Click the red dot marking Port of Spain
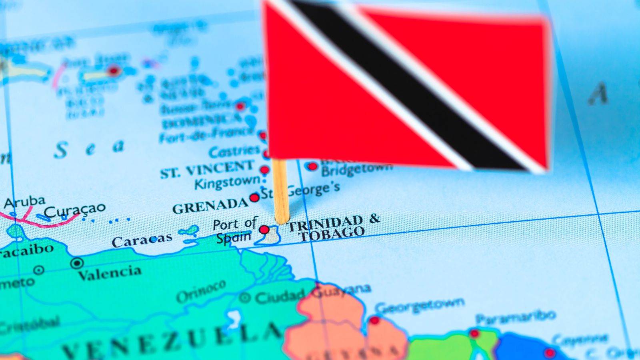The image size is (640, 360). pyautogui.click(x=264, y=230)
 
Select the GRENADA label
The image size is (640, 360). pyautogui.click(x=210, y=206)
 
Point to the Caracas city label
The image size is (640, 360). pyautogui.click(x=142, y=240)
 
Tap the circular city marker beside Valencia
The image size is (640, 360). pyautogui.click(x=77, y=263)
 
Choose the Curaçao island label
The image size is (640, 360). pyautogui.click(x=75, y=210)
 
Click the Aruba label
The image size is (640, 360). pyautogui.click(x=24, y=202)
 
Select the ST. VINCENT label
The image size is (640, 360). pyautogui.click(x=207, y=169)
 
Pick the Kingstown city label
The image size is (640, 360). pyautogui.click(x=227, y=182)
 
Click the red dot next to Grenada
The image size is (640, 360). pyautogui.click(x=254, y=198)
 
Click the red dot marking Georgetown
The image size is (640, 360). pyautogui.click(x=374, y=320)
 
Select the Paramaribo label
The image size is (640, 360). pyautogui.click(x=516, y=317)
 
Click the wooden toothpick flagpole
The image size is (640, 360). pyautogui.click(x=280, y=192)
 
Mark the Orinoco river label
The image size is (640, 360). pyautogui.click(x=201, y=292)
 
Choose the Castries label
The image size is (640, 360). pyautogui.click(x=234, y=151)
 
